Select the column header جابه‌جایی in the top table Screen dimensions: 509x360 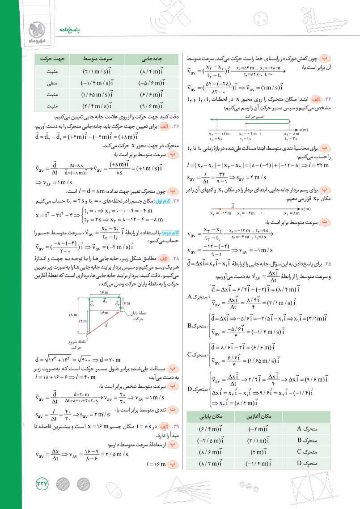152,59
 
